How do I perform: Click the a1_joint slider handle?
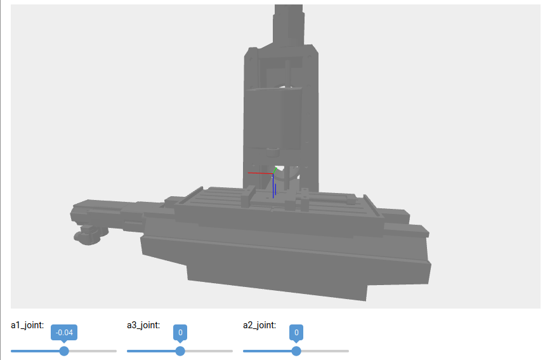pyautogui.click(x=64, y=351)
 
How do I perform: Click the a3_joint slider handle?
pyautogui.click(x=180, y=351)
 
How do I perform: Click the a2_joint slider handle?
pyautogui.click(x=296, y=351)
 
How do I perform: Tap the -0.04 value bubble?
pyautogui.click(x=64, y=333)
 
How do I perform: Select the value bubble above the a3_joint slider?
pyautogui.click(x=180, y=333)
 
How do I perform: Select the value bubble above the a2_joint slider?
pyautogui.click(x=296, y=333)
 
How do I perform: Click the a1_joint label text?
pyautogui.click(x=27, y=325)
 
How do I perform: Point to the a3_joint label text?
pyautogui.click(x=143, y=325)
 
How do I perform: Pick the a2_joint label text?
pyautogui.click(x=259, y=325)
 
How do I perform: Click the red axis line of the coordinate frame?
pyautogui.click(x=260, y=173)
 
